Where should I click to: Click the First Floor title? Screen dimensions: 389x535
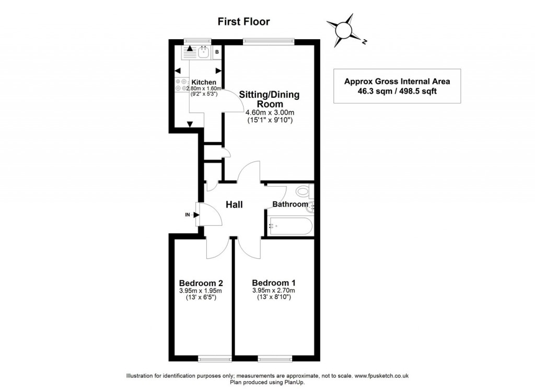[243, 21]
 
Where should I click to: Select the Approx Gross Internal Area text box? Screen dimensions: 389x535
[397, 86]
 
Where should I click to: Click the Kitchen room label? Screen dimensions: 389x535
[203, 82]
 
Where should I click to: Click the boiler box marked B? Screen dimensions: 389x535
[217, 52]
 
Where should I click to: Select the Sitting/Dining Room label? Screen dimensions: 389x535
[269, 99]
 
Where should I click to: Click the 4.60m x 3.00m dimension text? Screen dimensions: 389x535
[270, 112]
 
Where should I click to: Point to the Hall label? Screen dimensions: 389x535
[234, 205]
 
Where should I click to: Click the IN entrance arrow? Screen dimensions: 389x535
[194, 214]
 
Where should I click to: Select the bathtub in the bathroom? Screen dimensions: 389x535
[290, 226]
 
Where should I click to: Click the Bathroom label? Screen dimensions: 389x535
[290, 204]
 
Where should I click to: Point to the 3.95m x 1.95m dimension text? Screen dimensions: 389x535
[201, 291]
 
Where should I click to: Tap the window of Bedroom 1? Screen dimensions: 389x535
[274, 358]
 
